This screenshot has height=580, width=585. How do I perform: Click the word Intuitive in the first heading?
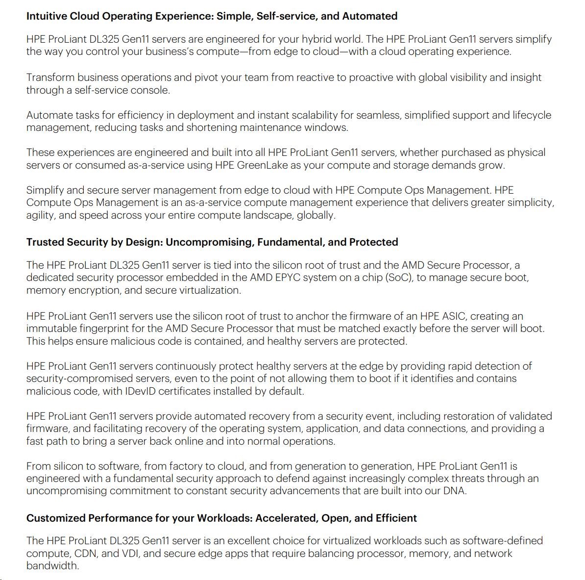47,16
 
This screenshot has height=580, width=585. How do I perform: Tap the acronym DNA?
453,491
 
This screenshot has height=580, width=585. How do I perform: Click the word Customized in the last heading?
56,518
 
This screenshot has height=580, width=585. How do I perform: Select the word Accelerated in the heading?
287,518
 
